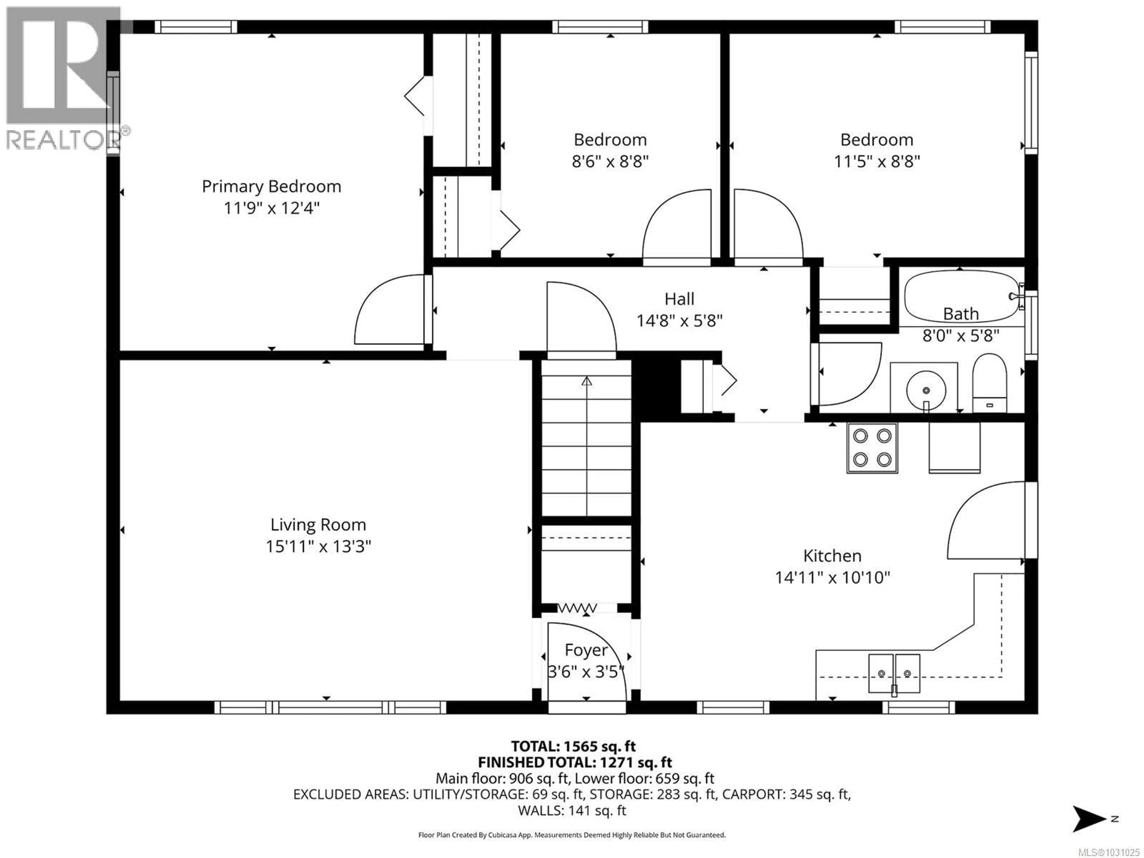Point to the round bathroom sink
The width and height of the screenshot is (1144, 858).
[x=926, y=391]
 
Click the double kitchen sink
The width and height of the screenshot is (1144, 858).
[x=894, y=673]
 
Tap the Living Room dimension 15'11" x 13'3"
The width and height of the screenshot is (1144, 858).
[x=318, y=546]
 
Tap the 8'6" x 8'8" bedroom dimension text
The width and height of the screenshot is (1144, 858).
[x=610, y=161]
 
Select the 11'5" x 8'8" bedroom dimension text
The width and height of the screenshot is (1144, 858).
[x=876, y=161]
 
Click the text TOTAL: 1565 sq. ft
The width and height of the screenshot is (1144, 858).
[x=573, y=746]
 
